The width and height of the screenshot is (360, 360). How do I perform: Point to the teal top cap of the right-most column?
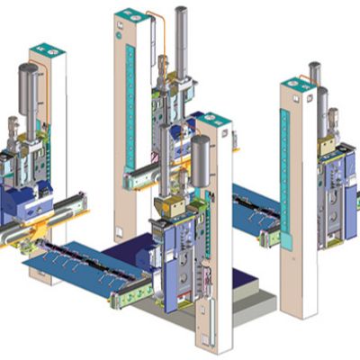[x=297, y=84]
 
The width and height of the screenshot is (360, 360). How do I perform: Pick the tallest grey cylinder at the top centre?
[x=182, y=40]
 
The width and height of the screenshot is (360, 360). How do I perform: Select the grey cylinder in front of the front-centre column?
[x=200, y=160]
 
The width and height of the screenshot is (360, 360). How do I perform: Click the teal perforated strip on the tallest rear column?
[x=130, y=99]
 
